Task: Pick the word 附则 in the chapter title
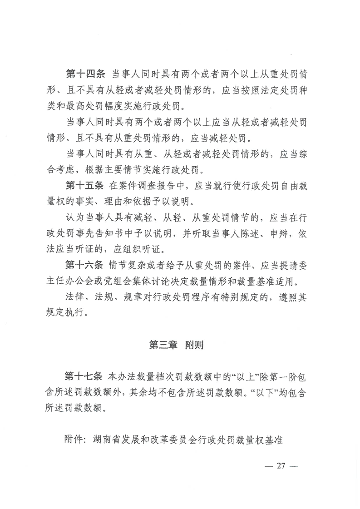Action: click(193, 345)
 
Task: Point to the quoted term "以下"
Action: click(262, 392)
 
